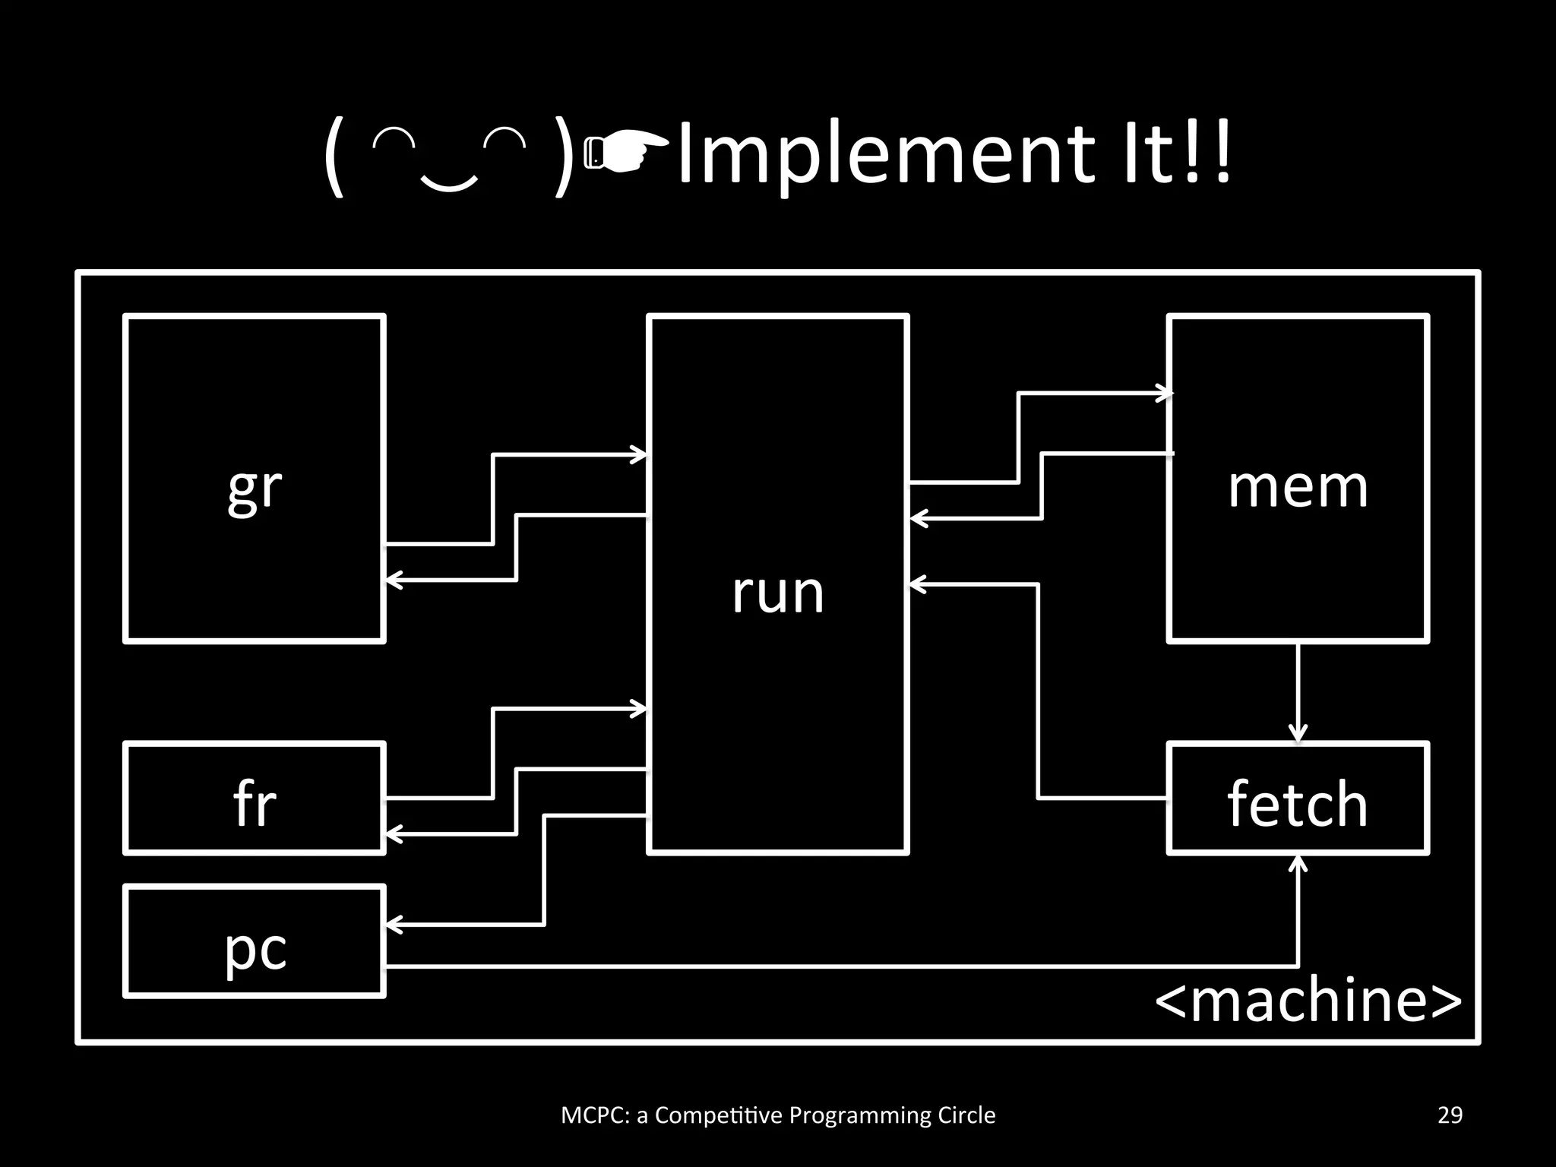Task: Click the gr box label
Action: pos(255,489)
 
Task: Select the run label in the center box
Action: pos(778,593)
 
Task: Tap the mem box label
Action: pos(1298,486)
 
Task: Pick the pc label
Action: pos(255,950)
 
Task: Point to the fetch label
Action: pos(1298,803)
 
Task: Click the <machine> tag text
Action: pos(1308,1000)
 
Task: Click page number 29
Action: pos(1450,1115)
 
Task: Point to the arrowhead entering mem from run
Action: pos(1165,393)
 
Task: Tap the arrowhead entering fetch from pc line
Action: pos(1298,863)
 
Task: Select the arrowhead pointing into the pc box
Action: pos(394,925)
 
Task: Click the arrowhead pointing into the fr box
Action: pos(394,834)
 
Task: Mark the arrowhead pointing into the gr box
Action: pos(394,580)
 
